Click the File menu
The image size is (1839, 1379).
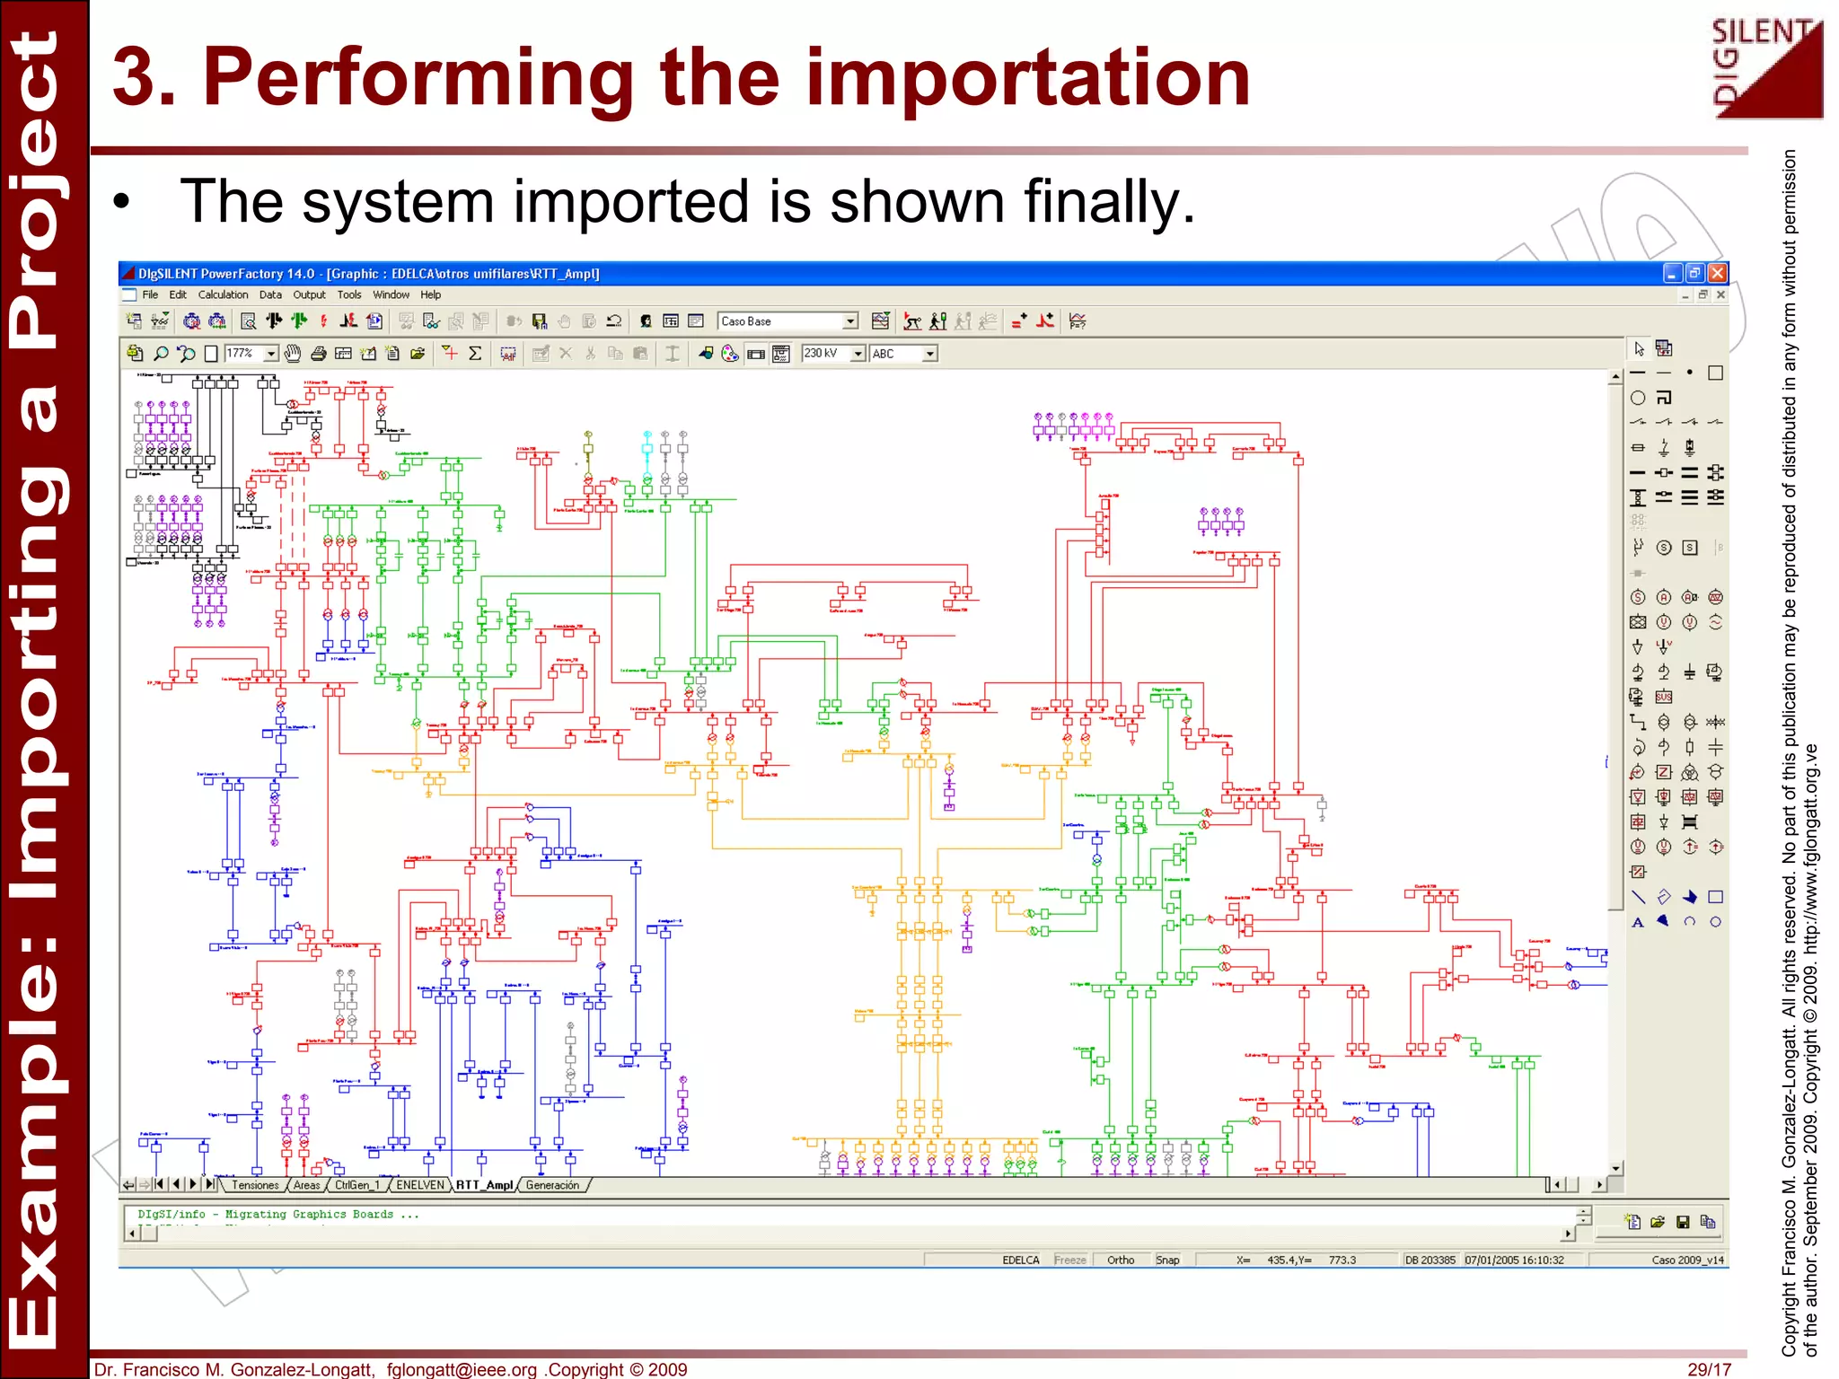click(x=150, y=294)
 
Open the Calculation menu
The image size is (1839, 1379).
click(x=223, y=294)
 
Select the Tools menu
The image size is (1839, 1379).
click(x=349, y=294)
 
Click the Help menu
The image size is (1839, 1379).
click(x=431, y=294)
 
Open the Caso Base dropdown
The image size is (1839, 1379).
click(x=788, y=321)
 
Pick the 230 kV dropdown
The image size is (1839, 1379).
click(x=832, y=354)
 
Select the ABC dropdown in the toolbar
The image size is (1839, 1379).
click(x=903, y=354)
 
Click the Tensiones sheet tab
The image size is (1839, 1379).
click(x=255, y=1185)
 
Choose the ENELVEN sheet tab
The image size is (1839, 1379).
click(x=420, y=1185)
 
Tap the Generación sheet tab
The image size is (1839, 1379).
click(x=552, y=1185)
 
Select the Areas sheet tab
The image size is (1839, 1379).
click(x=307, y=1185)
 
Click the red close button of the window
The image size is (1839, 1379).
click(x=1718, y=273)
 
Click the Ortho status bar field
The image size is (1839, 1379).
click(x=1121, y=1260)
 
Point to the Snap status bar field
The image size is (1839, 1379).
click(x=1167, y=1260)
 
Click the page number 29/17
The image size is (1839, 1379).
click(x=1709, y=1369)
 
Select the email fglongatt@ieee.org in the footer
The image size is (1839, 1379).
click(x=462, y=1369)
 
